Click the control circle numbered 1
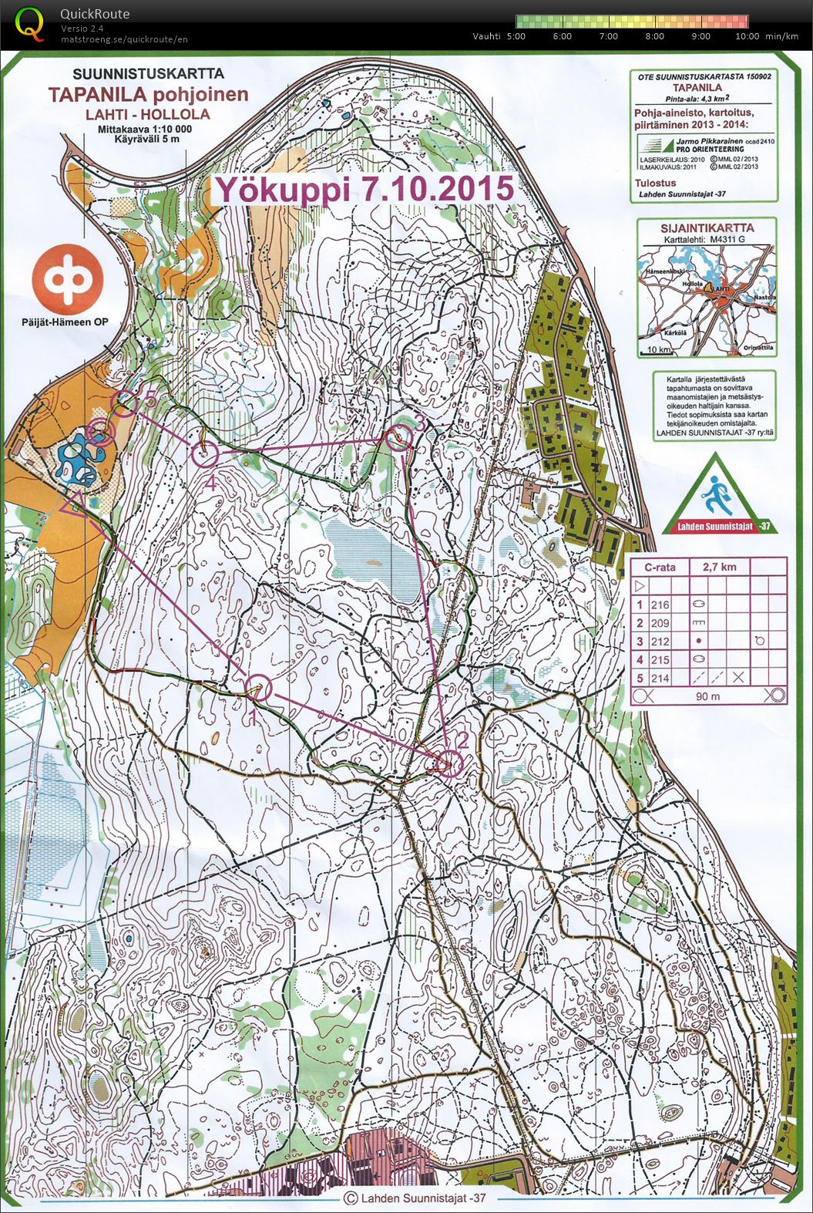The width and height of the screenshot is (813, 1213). [258, 687]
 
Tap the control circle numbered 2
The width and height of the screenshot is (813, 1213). [449, 763]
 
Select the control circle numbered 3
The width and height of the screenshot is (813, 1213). [398, 438]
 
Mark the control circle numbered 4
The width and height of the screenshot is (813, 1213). [206, 455]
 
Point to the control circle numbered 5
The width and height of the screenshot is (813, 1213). [124, 403]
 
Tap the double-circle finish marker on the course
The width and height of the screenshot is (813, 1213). [98, 433]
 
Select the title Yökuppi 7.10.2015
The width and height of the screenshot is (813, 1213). [364, 189]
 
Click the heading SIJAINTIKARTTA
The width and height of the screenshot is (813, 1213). [707, 228]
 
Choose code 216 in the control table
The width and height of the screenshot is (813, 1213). [660, 605]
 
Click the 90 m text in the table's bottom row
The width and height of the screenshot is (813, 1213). [707, 696]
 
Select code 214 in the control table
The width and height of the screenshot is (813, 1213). [660, 678]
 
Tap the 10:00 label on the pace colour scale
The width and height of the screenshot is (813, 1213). [747, 36]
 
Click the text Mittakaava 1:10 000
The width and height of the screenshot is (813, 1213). [144, 130]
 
